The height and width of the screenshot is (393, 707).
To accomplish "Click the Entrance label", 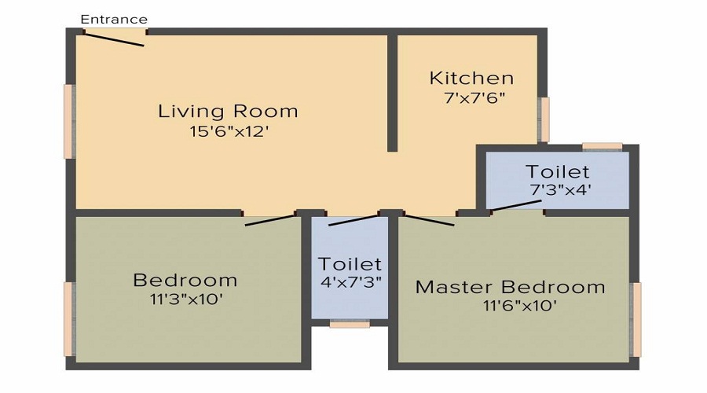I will pos(114,19).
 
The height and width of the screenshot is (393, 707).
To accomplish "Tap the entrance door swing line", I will pos(115,39).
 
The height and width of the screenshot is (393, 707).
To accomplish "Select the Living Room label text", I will pos(228,111).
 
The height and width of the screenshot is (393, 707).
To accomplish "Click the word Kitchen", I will pos(471,79).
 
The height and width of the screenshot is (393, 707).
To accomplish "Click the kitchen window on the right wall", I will pos(544,119).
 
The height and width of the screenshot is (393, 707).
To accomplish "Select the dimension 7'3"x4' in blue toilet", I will pos(560,189).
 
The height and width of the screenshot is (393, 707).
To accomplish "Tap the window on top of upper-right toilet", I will pos(602,146).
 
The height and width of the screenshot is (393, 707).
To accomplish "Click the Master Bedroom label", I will pos(511,287).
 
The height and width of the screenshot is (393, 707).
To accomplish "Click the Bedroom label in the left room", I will pos(185,280).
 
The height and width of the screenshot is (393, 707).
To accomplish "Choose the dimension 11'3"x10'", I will pos(185,299).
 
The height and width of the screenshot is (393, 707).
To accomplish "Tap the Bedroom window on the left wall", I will pos(69,318).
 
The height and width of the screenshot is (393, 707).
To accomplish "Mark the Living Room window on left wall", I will pos(69,121).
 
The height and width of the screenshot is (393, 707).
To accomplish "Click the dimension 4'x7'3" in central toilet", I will pos(350,282).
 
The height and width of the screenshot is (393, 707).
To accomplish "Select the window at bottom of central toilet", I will pos(350,323).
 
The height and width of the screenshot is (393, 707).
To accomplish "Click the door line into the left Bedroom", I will pos(271,220).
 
